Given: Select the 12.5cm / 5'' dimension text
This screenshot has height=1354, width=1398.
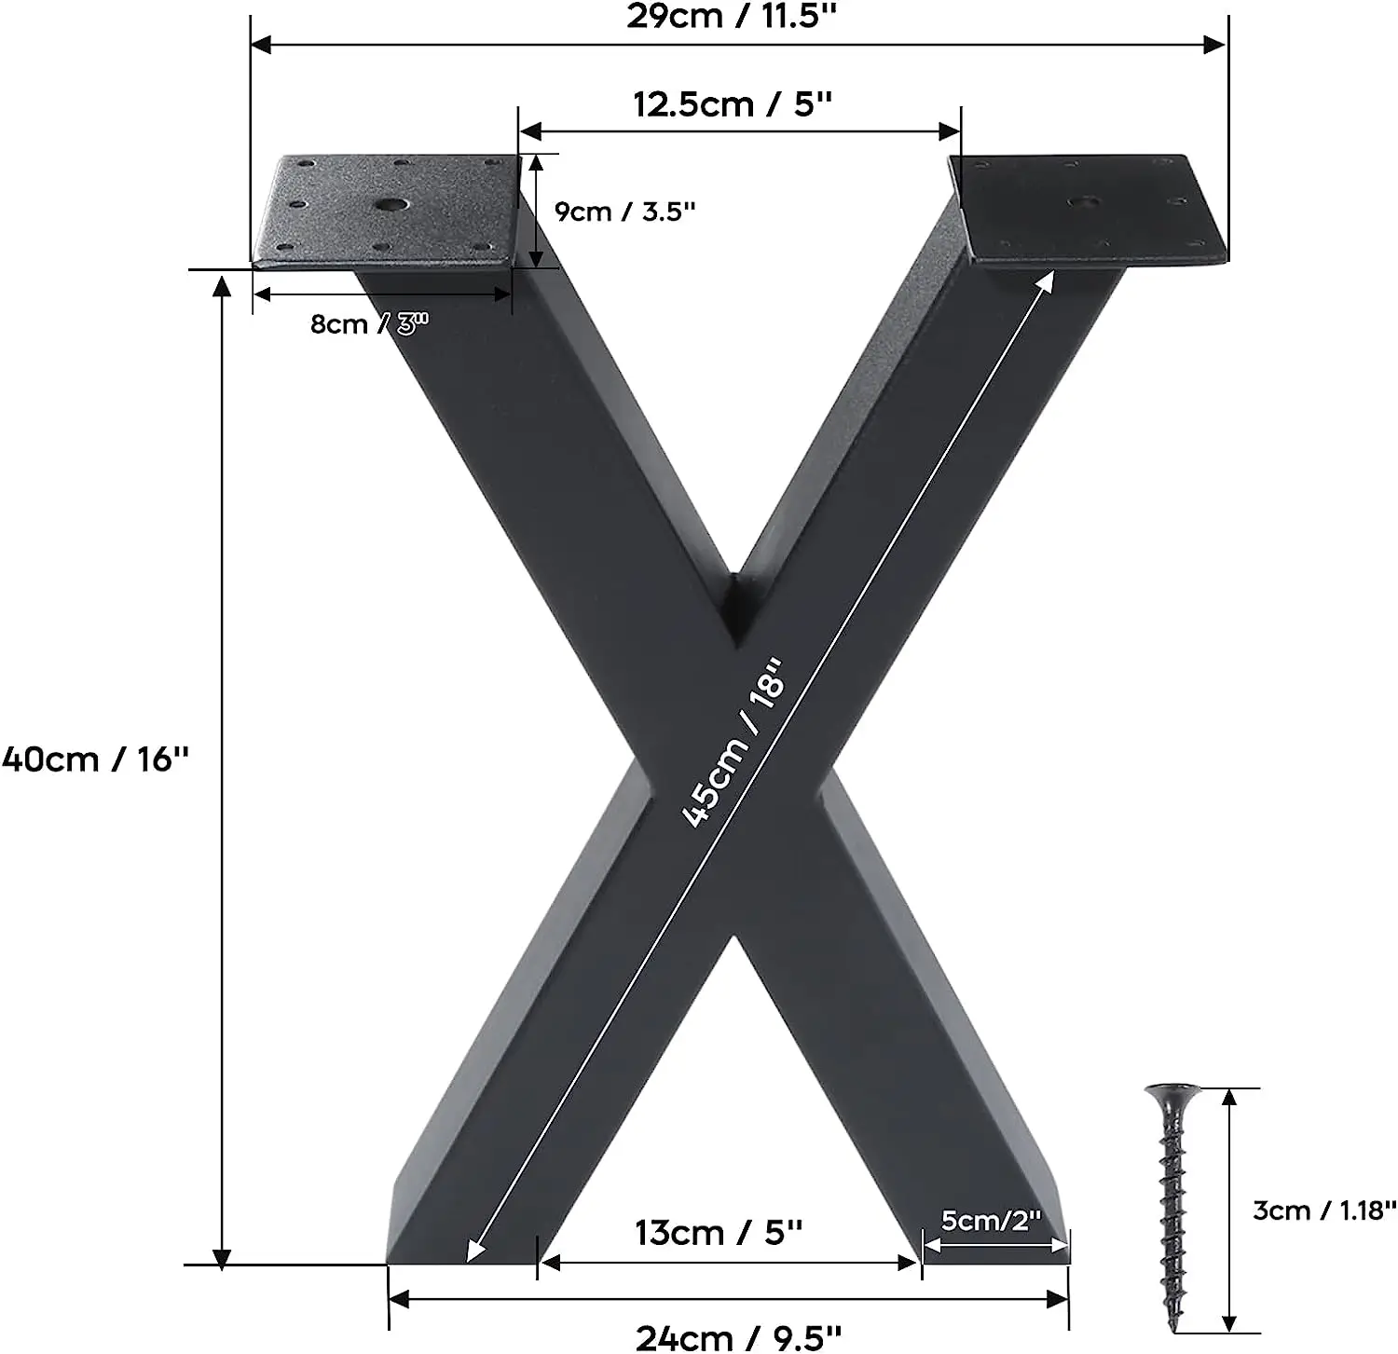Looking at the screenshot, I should pos(732,103).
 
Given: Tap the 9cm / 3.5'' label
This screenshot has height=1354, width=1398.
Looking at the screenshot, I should pos(624,212).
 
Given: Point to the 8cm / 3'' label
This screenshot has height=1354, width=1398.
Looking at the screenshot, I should pos(368,324).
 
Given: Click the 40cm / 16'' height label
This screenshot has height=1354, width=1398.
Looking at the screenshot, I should pos(95,759).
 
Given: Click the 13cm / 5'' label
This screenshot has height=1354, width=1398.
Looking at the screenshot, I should pos(718,1232).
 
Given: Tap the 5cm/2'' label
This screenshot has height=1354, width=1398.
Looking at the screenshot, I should pos(990,1220).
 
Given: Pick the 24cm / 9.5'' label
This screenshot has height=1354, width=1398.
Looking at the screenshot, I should pos(738,1336).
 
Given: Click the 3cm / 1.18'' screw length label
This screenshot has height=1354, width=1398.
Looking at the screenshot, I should pos(1323,1210).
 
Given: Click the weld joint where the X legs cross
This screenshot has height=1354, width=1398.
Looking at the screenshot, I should pos(736,606).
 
